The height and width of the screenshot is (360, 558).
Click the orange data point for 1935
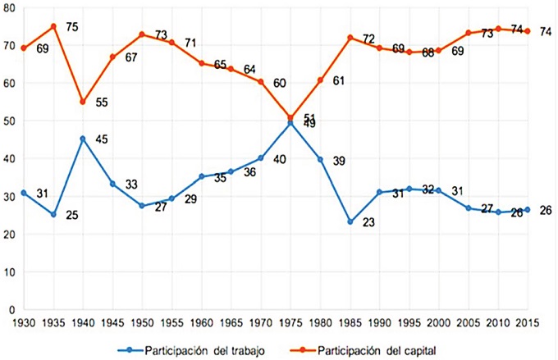coord(53,26)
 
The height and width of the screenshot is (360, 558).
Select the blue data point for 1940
coord(83,139)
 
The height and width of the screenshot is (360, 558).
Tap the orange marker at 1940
coord(83,102)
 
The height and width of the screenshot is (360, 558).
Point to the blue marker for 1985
coord(350,222)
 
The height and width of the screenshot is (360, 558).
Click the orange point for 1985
coord(350,38)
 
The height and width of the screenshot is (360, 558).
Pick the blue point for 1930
coord(24,193)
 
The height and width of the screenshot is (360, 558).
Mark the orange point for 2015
coord(527,31)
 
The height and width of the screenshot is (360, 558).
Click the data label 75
coord(71,26)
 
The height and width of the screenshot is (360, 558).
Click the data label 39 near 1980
coord(338,161)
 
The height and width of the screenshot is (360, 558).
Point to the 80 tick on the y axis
coord(8,7)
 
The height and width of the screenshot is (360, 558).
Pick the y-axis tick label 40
coord(8,158)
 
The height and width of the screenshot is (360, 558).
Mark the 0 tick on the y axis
coord(11,310)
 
